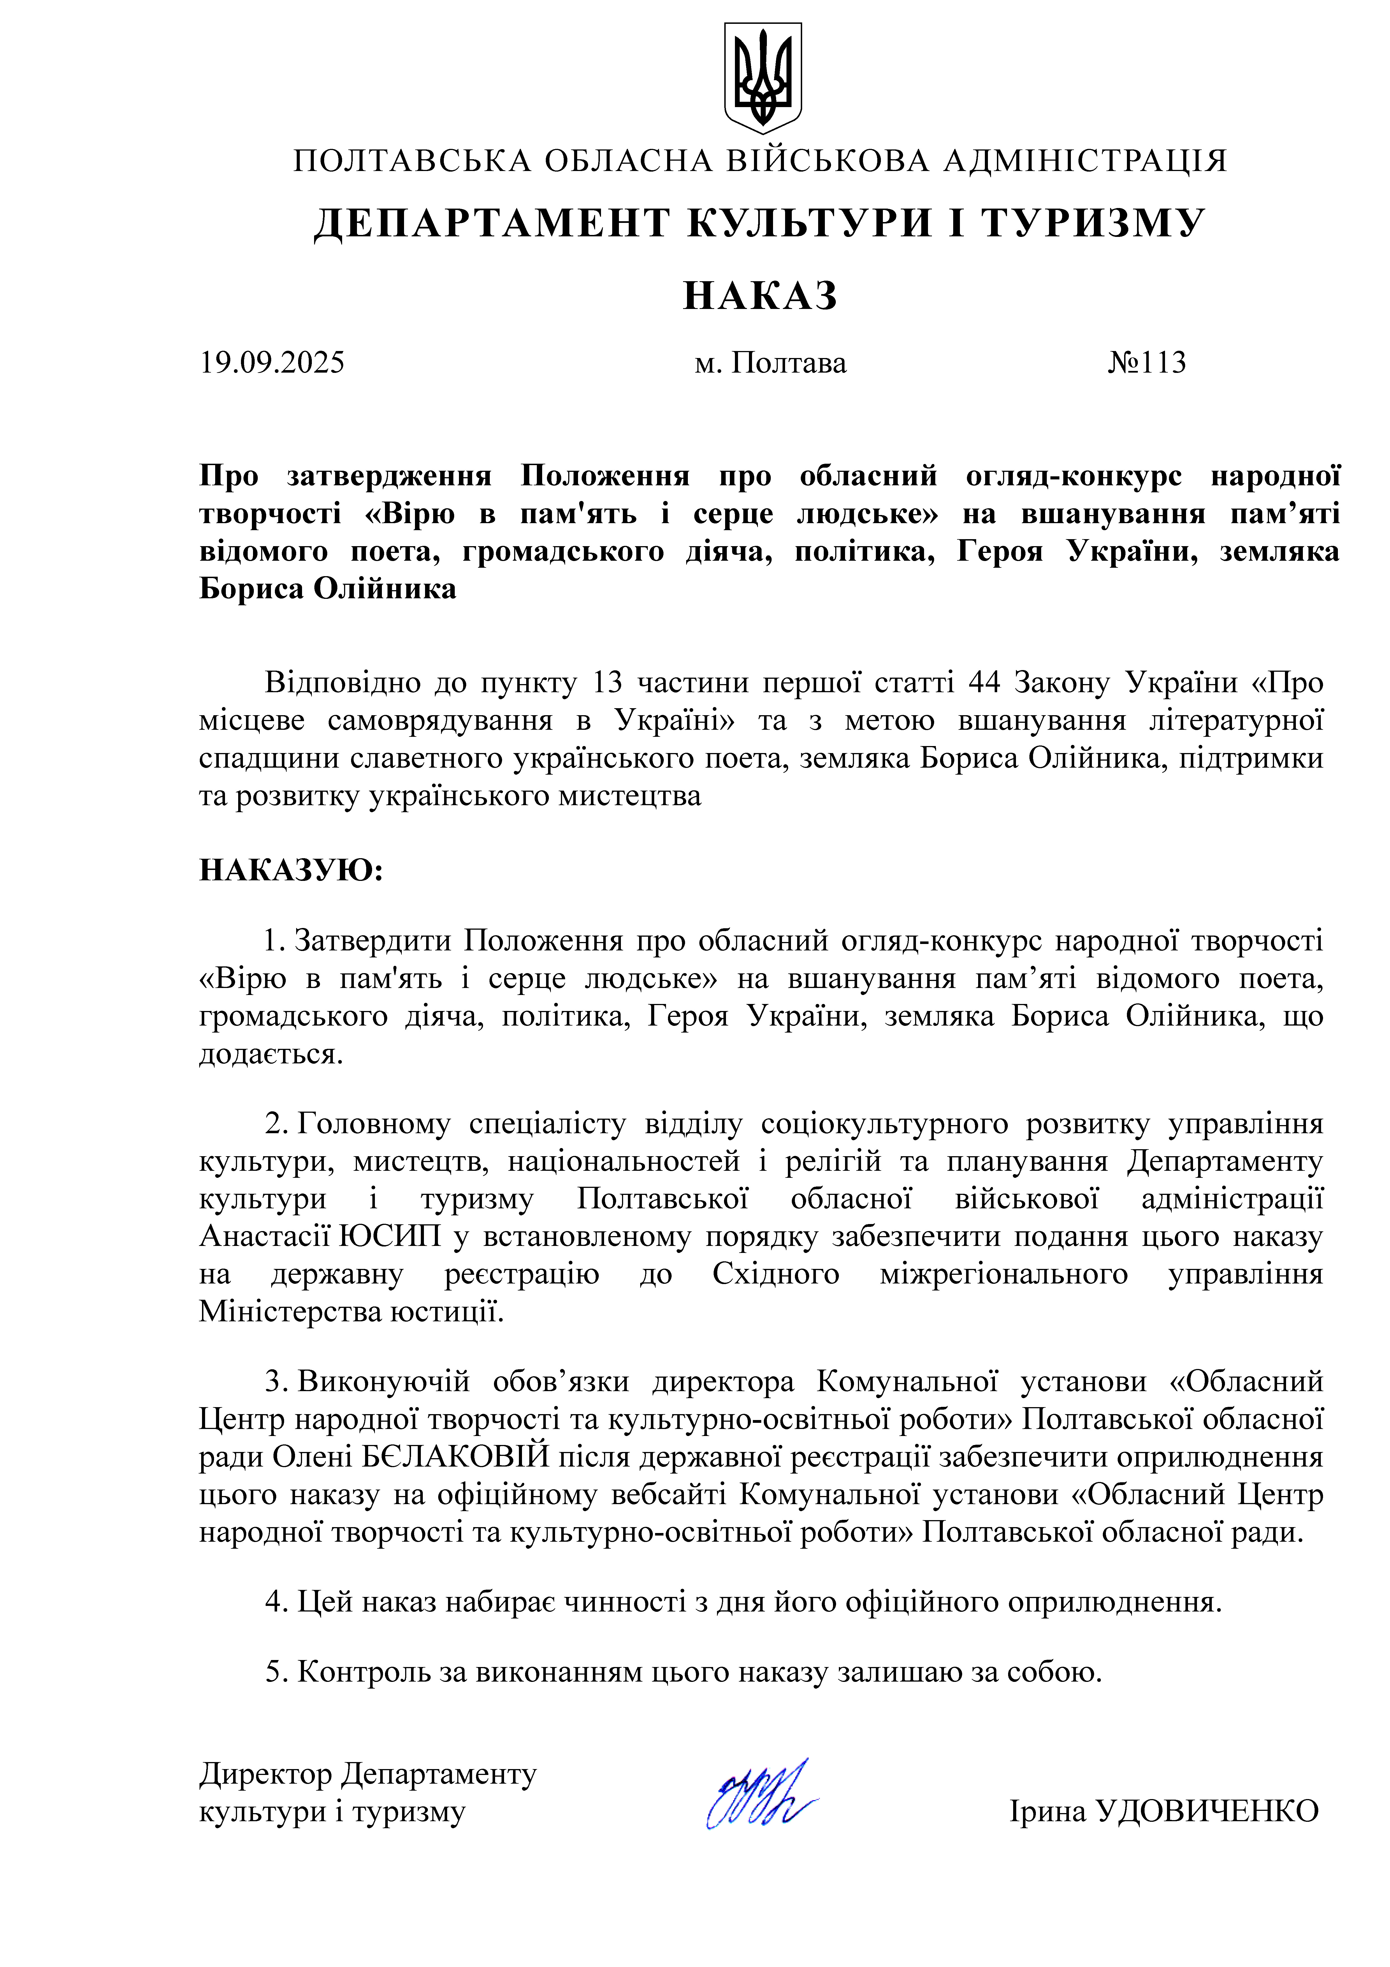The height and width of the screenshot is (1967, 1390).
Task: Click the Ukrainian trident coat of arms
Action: [x=762, y=77]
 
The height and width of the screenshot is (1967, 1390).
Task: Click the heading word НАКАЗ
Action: [x=760, y=295]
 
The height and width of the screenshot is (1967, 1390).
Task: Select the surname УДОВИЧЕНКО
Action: [x=1207, y=1811]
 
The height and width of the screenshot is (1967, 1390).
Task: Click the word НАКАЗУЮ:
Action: [x=291, y=871]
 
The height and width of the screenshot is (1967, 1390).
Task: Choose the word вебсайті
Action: [x=668, y=1494]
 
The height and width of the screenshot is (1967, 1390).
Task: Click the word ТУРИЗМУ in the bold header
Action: [x=1094, y=224]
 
